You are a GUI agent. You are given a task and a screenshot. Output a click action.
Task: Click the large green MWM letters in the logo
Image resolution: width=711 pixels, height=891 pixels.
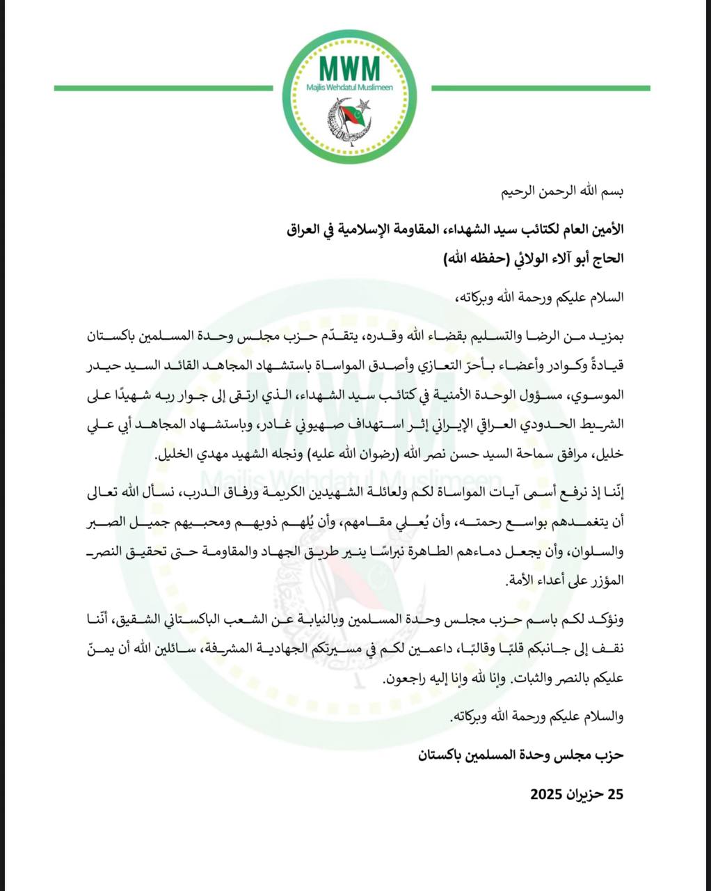pyautogui.click(x=350, y=68)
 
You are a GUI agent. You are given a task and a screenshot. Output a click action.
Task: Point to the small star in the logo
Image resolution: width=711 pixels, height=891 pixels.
pyautogui.click(x=367, y=106)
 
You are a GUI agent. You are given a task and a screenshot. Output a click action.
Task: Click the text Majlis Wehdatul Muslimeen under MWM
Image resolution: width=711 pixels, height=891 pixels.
pyautogui.click(x=350, y=88)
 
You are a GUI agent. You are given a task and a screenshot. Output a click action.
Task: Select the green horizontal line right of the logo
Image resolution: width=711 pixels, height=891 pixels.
pyautogui.click(x=541, y=88)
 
